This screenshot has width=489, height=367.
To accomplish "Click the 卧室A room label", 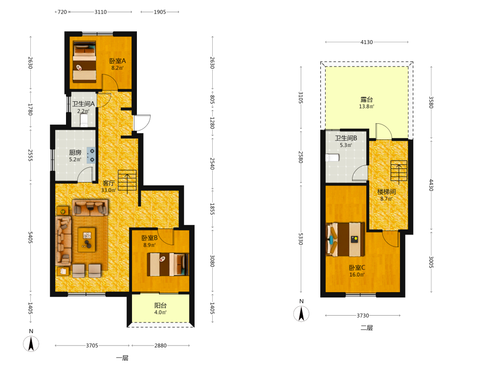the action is (x=117, y=61).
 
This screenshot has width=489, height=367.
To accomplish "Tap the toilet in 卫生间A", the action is (x=84, y=120).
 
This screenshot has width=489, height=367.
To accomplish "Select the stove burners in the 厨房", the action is (x=91, y=155).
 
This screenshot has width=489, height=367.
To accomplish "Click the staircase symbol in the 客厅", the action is (x=127, y=182).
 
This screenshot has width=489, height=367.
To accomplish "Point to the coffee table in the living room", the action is (x=87, y=240).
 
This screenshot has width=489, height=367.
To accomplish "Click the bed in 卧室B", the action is (x=168, y=264).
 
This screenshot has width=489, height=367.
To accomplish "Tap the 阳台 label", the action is (x=160, y=305).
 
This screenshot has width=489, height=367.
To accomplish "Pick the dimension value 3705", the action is (x=92, y=345).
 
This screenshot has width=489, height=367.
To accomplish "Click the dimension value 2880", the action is (x=160, y=345).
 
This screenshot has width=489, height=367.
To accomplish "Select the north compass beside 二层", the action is (x=301, y=313).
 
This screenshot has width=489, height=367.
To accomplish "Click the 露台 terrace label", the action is (x=366, y=99).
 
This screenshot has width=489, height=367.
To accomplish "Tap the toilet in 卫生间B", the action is (x=333, y=158).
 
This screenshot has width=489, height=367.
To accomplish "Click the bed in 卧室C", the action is (x=345, y=239).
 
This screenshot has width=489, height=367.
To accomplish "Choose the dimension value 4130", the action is (x=366, y=42).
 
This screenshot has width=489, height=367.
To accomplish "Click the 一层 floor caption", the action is (x=122, y=358).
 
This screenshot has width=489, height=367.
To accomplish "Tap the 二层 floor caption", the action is (x=366, y=328).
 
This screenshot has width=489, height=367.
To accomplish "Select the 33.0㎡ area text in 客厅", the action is (x=109, y=190).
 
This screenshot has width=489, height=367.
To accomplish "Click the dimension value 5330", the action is (x=300, y=239).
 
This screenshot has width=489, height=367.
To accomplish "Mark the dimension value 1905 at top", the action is (x=160, y=12).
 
